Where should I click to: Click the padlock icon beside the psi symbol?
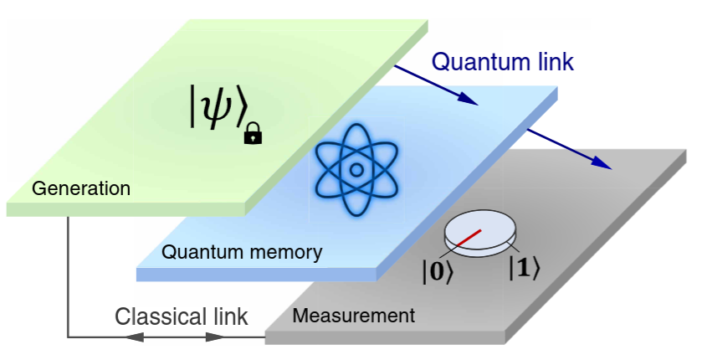pyautogui.click(x=252, y=134)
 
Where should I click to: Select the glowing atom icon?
pyautogui.click(x=356, y=168)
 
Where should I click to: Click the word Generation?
pyautogui.click(x=81, y=188)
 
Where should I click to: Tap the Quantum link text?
pyautogui.click(x=502, y=62)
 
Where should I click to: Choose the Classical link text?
pyautogui.click(x=181, y=316)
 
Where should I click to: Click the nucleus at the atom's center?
pyautogui.click(x=356, y=169)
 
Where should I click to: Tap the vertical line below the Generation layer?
pyautogui.click(x=68, y=276)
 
